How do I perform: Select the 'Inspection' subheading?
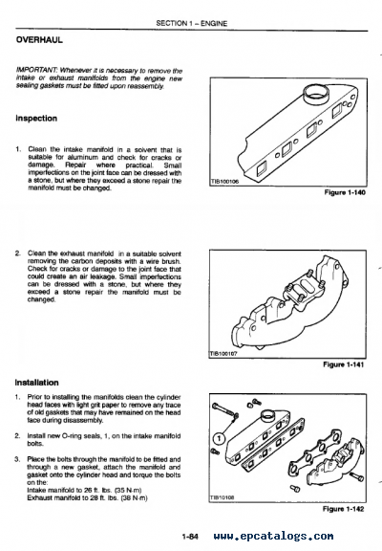(x=37, y=119)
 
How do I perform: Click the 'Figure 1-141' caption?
(x=342, y=364)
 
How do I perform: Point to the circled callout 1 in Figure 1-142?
(x=218, y=441)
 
